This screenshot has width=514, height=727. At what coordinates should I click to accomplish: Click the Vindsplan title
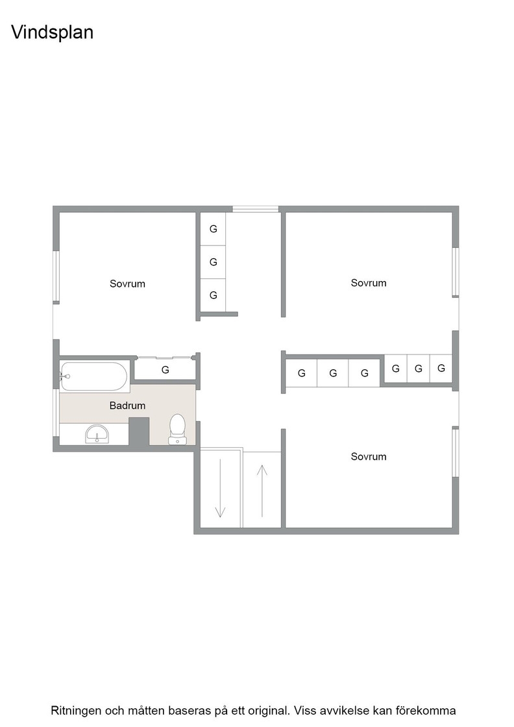pos(52,32)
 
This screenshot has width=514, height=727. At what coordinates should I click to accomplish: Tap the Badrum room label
pos(127,406)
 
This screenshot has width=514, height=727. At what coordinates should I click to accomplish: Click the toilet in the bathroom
pos(178,429)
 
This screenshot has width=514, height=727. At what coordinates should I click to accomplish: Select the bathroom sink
pos(97,434)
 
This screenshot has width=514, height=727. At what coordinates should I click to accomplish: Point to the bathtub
pos(94,376)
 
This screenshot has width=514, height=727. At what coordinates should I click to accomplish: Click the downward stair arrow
pos(220,487)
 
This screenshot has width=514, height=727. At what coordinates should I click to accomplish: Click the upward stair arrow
pos(262,491)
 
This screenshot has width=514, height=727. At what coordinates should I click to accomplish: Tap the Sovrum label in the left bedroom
pos(127,284)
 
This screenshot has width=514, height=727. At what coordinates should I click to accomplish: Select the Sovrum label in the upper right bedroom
pos(369,283)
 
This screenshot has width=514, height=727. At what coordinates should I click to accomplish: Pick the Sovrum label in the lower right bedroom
pos(369,457)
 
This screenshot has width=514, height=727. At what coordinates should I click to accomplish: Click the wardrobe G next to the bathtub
pos(165,370)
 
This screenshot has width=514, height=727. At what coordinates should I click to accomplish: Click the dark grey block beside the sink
pos(139,432)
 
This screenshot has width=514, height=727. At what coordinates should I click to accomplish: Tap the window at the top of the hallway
pos(256,209)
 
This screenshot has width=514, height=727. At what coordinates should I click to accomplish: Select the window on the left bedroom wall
pos(56,276)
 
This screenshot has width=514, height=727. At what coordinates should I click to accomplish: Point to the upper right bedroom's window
pos(456,272)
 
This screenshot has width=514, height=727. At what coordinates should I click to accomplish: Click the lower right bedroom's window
pos(456,452)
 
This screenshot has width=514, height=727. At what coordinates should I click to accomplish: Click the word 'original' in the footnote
pos(269,711)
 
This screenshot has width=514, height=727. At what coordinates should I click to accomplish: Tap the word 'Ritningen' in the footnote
pos(75,711)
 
